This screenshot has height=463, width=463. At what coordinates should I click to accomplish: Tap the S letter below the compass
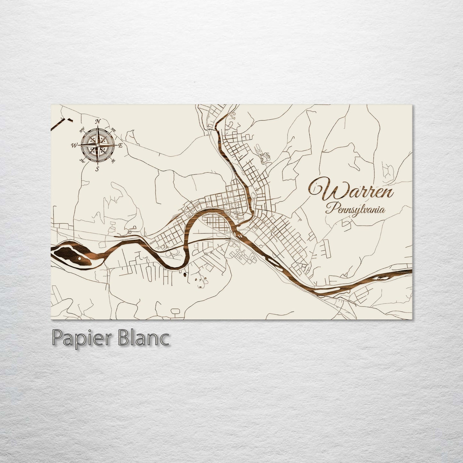[x=97, y=169]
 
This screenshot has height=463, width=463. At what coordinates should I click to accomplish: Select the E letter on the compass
[x=120, y=145]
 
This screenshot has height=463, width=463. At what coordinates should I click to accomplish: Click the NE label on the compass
[x=113, y=129]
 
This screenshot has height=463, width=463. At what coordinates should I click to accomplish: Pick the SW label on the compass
[x=82, y=161]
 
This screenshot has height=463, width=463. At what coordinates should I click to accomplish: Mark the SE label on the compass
[x=113, y=161]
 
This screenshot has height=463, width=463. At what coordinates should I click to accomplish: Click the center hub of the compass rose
[x=97, y=145]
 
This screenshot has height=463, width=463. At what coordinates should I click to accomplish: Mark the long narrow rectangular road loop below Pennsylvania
[x=327, y=249]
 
